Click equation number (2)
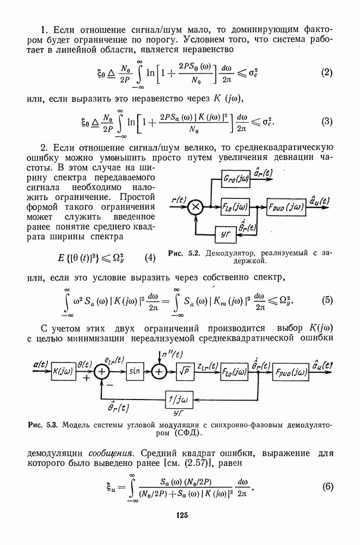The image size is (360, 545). coord(326,72)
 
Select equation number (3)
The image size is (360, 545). coord(326,122)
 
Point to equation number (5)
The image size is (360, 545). coord(327,300)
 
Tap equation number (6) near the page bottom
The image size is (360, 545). coord(327,487)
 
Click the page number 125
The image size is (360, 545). coord(181,514)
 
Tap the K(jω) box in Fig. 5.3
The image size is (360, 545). coord(64,372)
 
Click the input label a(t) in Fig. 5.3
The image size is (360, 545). coord(40,364)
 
